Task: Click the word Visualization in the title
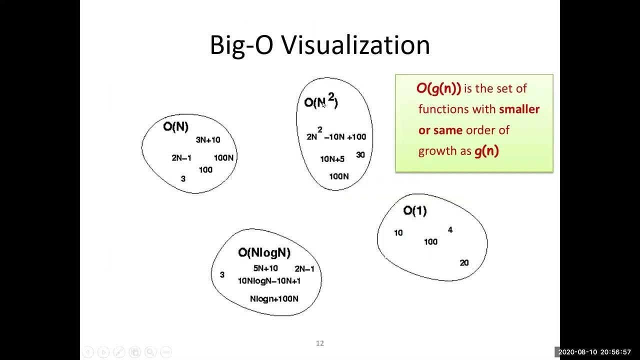coord(355,45)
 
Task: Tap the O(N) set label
coord(175,126)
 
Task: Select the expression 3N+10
coord(207,140)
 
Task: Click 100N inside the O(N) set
coord(223,158)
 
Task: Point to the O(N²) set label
coord(321,101)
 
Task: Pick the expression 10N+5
coord(332,159)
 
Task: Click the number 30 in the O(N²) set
coord(360,155)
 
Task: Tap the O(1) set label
coord(415,210)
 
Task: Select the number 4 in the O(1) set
coord(450,230)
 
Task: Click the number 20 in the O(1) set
coord(464,263)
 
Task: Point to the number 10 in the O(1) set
coord(398,233)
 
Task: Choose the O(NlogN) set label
coord(264,252)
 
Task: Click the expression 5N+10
coord(265,268)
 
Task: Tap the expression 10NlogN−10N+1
coord(269,281)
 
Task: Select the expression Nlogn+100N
coord(274,299)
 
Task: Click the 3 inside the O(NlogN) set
coord(222,274)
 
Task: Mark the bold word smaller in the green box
coord(519,109)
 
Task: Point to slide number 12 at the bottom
coord(320,343)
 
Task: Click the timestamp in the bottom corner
coord(594,352)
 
